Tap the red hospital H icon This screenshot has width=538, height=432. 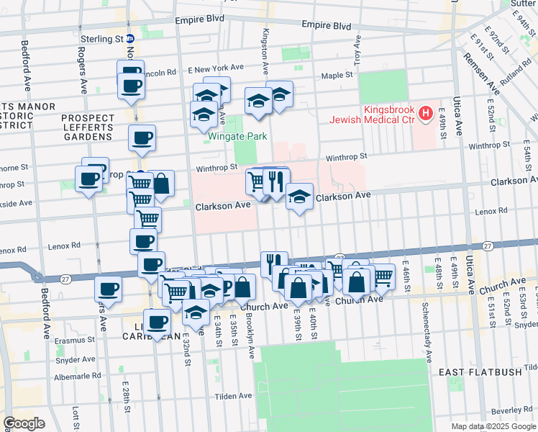(426, 113)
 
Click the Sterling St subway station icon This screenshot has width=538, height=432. (130, 40)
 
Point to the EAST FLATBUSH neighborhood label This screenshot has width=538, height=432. (479, 372)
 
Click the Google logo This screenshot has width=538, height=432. (24, 423)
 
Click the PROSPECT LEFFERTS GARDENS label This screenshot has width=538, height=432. (88, 124)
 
